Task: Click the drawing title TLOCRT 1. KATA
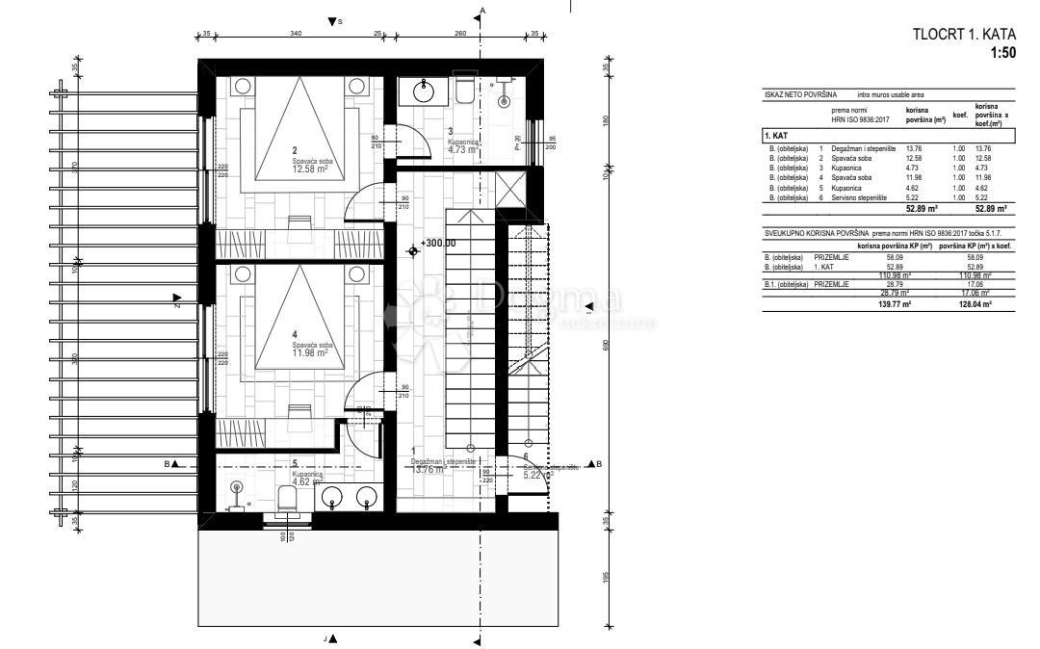pos(964,35)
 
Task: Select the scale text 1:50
pos(1002,53)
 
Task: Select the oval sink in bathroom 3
pos(425,91)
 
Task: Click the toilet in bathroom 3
pos(464,90)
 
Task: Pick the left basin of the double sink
pos(333,497)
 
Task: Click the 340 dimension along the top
pos(296,34)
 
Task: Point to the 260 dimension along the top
pos(460,34)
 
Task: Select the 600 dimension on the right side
pos(607,347)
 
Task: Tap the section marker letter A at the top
pos(483,10)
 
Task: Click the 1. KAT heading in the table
pos(778,137)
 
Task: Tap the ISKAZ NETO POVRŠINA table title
pos(800,95)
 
